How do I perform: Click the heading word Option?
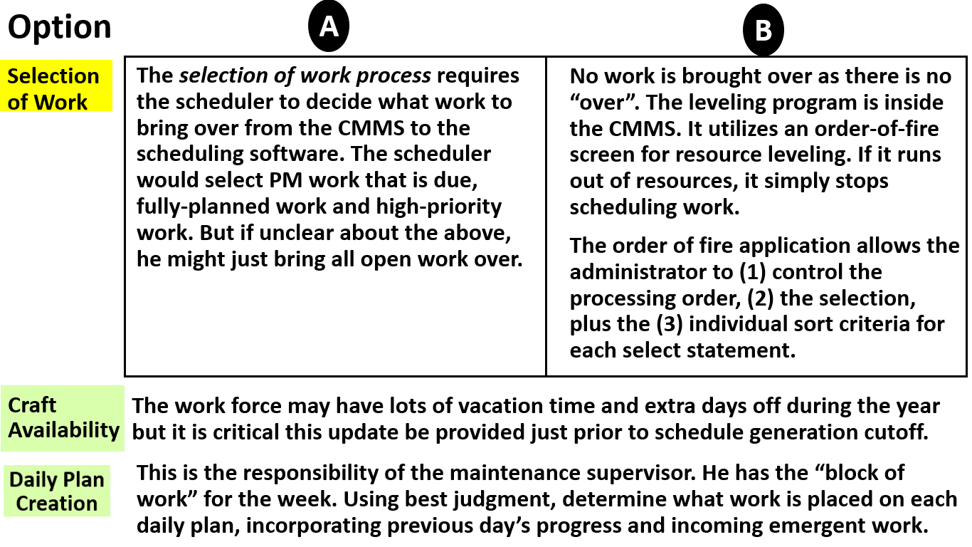[x=60, y=28]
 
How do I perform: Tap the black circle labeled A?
[x=328, y=27]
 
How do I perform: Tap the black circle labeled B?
[x=763, y=31]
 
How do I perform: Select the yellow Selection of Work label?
[x=53, y=88]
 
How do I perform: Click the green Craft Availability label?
[x=63, y=418]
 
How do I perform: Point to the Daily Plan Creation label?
[x=57, y=491]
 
